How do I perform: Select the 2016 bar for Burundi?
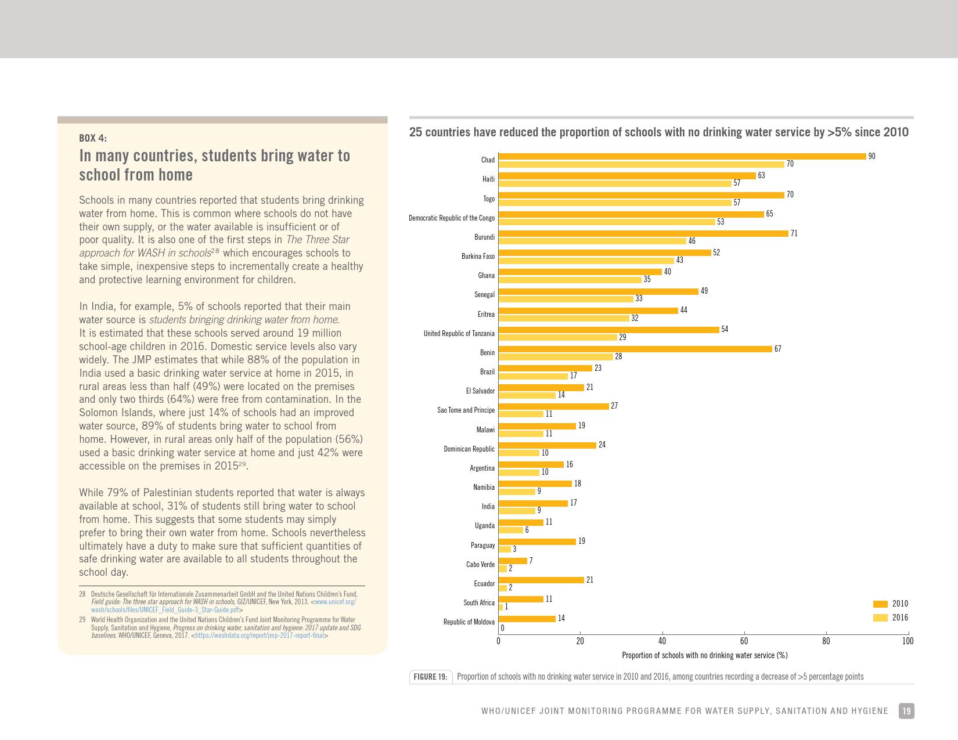coord(592,241)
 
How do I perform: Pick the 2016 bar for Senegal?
coord(566,299)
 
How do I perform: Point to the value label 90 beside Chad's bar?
coord(871,156)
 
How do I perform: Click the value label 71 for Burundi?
coord(794,233)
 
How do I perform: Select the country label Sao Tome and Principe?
coord(466,410)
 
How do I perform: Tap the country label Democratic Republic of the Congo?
coord(452,218)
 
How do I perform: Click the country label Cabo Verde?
coord(480,565)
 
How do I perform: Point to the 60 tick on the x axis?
coord(744,641)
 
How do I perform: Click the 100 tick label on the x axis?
coord(907,641)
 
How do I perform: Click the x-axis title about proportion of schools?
coord(704,655)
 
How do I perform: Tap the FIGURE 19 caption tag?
coord(430,677)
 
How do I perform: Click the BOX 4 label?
coord(93,138)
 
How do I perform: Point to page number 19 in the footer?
coord(906,711)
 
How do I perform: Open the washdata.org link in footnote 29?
coord(260,636)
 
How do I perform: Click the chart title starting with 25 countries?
coord(658,132)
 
